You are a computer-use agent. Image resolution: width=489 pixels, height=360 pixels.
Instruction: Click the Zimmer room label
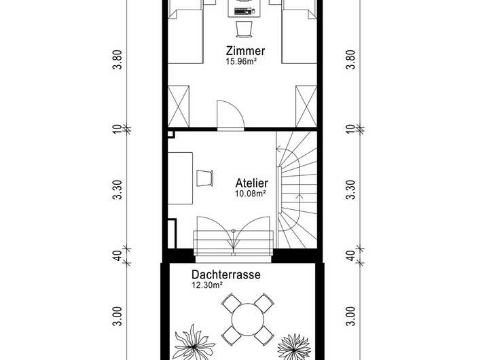(245, 50)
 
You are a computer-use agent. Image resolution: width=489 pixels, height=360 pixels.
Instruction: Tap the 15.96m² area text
(241, 61)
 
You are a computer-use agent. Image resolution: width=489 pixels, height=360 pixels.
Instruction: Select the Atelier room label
(252, 183)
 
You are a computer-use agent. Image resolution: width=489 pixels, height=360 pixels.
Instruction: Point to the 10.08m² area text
(251, 194)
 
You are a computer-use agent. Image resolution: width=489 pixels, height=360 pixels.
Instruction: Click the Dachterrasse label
(225, 274)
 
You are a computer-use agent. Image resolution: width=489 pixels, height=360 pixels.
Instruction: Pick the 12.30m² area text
(207, 285)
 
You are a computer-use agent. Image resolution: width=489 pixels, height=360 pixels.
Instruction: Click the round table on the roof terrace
(248, 319)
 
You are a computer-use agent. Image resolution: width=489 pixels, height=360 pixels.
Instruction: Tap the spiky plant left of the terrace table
(194, 342)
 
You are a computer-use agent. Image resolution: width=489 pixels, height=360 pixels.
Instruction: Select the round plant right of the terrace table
(294, 346)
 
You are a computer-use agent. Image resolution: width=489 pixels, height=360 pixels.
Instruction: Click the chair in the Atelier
(205, 178)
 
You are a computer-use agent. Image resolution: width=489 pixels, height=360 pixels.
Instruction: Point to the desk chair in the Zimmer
(244, 29)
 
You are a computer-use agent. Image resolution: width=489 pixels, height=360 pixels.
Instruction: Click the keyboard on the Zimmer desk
(242, 12)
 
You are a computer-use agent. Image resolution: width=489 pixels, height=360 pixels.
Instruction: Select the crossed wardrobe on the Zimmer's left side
(179, 107)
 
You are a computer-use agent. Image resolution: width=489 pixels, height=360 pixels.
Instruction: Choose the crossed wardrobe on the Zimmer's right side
(306, 107)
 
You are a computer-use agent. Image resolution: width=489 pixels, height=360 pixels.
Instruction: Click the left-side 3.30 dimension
(117, 190)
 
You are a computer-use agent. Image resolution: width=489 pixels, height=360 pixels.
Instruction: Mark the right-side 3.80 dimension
(350, 60)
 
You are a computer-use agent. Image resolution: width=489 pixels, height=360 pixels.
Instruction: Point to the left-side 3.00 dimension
(117, 316)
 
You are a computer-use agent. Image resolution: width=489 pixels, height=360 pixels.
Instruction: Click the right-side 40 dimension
(350, 256)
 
